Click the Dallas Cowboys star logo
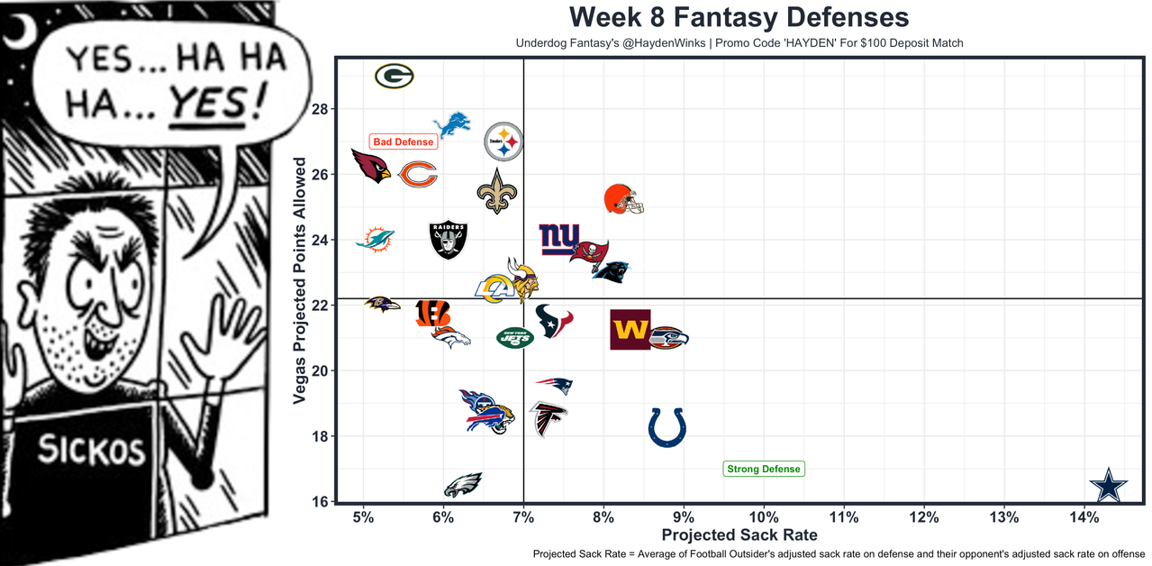(1108, 486)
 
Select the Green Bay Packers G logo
(394, 77)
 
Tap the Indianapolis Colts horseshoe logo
(667, 426)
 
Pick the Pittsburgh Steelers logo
(503, 141)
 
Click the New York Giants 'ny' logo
(559, 239)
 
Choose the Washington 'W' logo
(630, 330)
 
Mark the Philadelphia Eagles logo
(463, 485)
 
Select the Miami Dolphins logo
(375, 240)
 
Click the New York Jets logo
(514, 337)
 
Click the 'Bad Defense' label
(403, 141)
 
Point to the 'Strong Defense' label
(763, 469)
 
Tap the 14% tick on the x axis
(1084, 518)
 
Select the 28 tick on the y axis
(321, 109)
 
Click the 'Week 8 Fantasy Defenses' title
(739, 17)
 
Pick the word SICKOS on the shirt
(90, 449)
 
